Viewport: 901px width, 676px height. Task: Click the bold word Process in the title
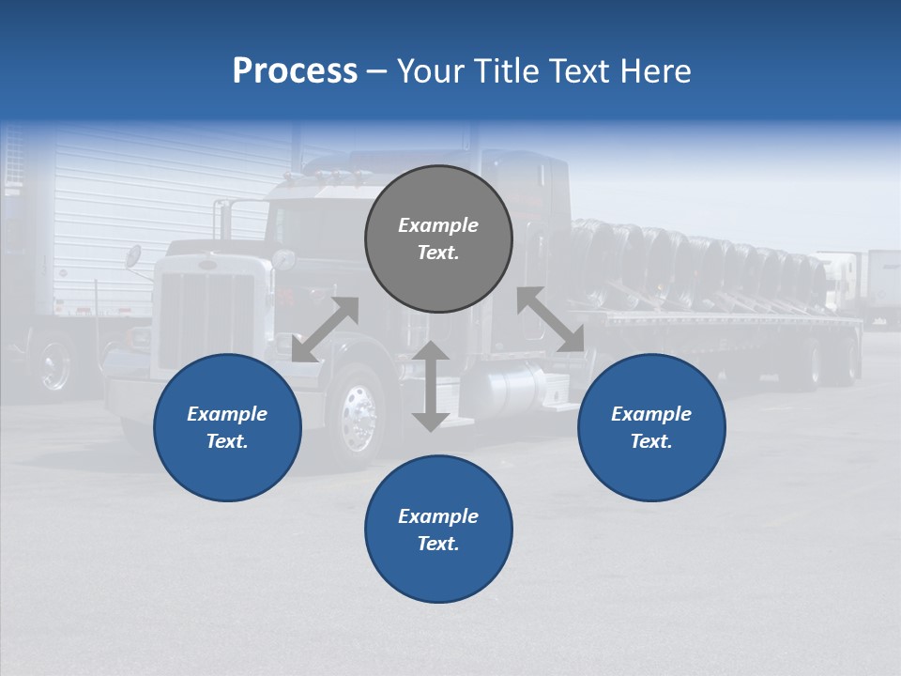(295, 71)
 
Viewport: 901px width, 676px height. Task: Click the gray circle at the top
(438, 239)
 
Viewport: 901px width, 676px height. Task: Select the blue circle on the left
(227, 427)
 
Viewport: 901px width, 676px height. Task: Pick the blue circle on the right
(651, 427)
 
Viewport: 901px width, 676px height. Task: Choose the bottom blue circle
(438, 529)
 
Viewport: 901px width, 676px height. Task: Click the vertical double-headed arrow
(431, 386)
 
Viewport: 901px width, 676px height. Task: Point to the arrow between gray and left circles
(325, 330)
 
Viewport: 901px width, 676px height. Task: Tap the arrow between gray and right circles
(551, 319)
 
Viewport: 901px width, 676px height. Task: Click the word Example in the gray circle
(438, 225)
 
